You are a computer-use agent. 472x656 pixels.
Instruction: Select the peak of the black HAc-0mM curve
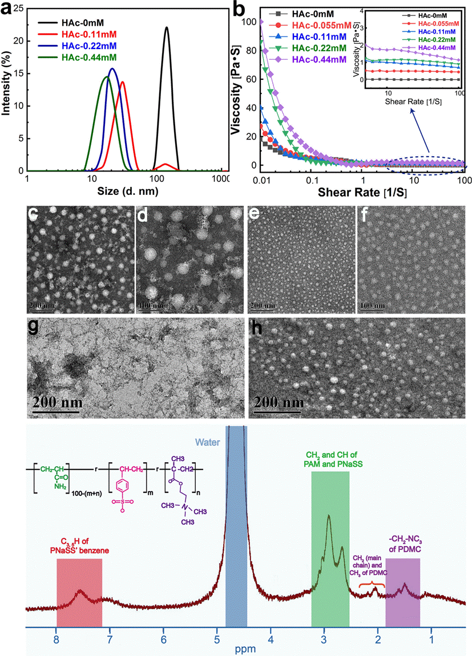[x=166, y=27]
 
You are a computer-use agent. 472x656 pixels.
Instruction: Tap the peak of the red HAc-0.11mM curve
[x=122, y=82]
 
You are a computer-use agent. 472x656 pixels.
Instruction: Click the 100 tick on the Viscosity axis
[x=247, y=22]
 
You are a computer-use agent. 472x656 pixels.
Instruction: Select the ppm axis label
[x=247, y=649]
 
